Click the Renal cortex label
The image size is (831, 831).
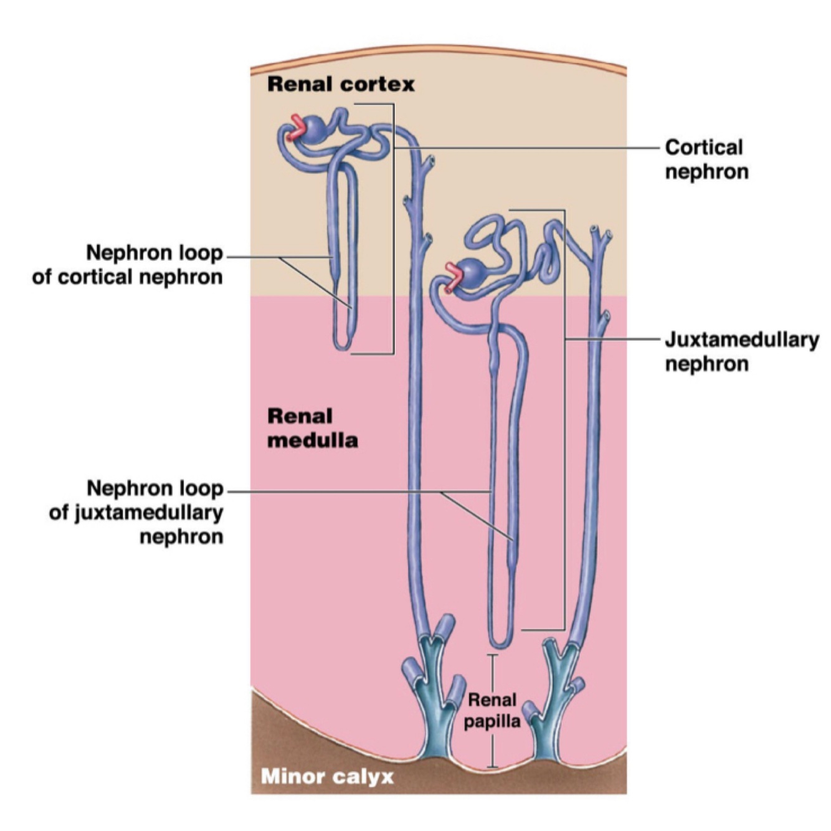(341, 84)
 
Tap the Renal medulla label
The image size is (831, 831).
(312, 428)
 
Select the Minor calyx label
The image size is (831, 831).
(327, 776)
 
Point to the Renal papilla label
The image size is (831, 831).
(491, 711)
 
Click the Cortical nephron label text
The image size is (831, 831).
(706, 159)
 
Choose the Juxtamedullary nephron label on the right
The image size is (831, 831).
(741, 351)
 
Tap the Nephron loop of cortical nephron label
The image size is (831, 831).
(127, 265)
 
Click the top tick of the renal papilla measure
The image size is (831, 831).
(493, 655)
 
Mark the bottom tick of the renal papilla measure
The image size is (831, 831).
(493, 766)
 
